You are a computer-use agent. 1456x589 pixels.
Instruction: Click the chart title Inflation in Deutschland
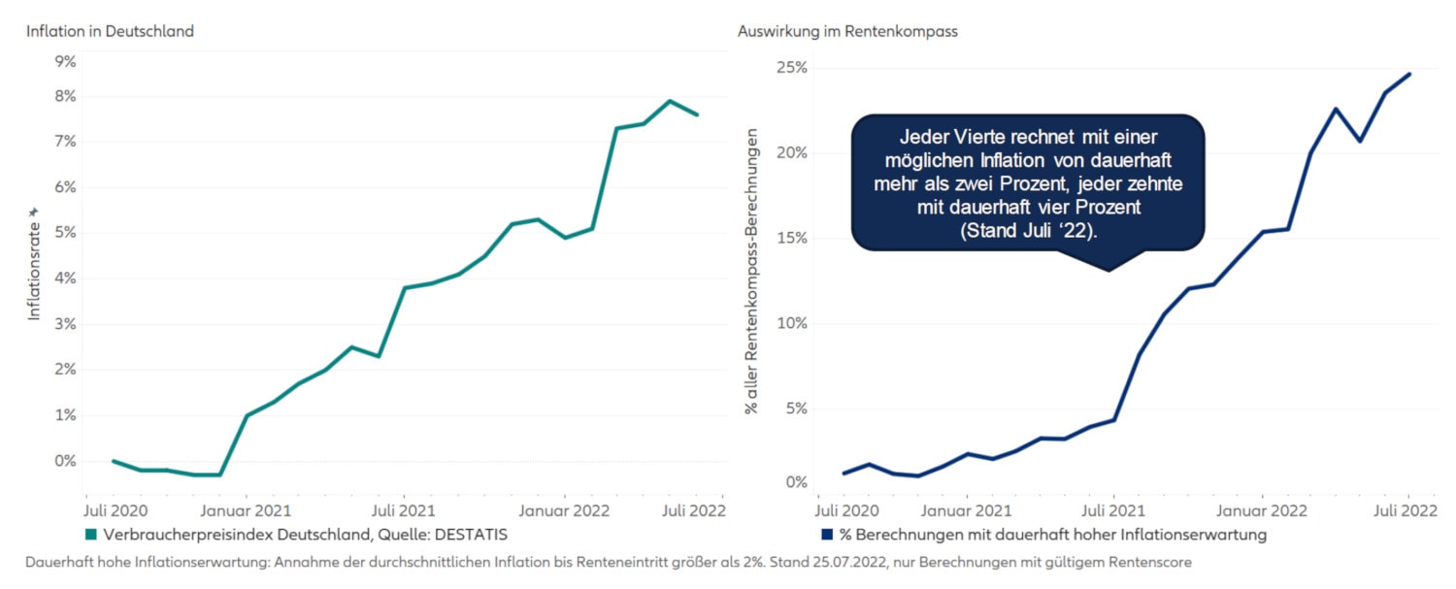[x=110, y=31]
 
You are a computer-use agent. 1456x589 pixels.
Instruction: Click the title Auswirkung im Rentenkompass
[x=847, y=31]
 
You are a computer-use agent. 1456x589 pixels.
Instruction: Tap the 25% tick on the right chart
[x=792, y=68]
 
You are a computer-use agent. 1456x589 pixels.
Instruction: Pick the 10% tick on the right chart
[x=792, y=323]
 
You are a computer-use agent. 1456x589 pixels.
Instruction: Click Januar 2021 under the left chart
[x=247, y=508]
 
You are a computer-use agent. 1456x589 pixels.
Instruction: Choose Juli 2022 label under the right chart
[x=1407, y=508]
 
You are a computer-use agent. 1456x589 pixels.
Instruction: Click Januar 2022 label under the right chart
[x=1262, y=508]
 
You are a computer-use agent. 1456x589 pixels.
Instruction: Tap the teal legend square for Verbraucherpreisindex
[x=91, y=534]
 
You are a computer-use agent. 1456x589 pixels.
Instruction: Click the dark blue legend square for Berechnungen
[x=827, y=534]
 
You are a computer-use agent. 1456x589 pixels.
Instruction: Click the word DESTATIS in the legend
[x=468, y=534]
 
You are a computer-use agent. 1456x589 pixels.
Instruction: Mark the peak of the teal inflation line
[x=670, y=101]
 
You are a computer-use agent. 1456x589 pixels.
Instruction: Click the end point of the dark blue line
[x=1408, y=74]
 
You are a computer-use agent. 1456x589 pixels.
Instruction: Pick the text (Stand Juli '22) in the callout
[x=1028, y=232]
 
